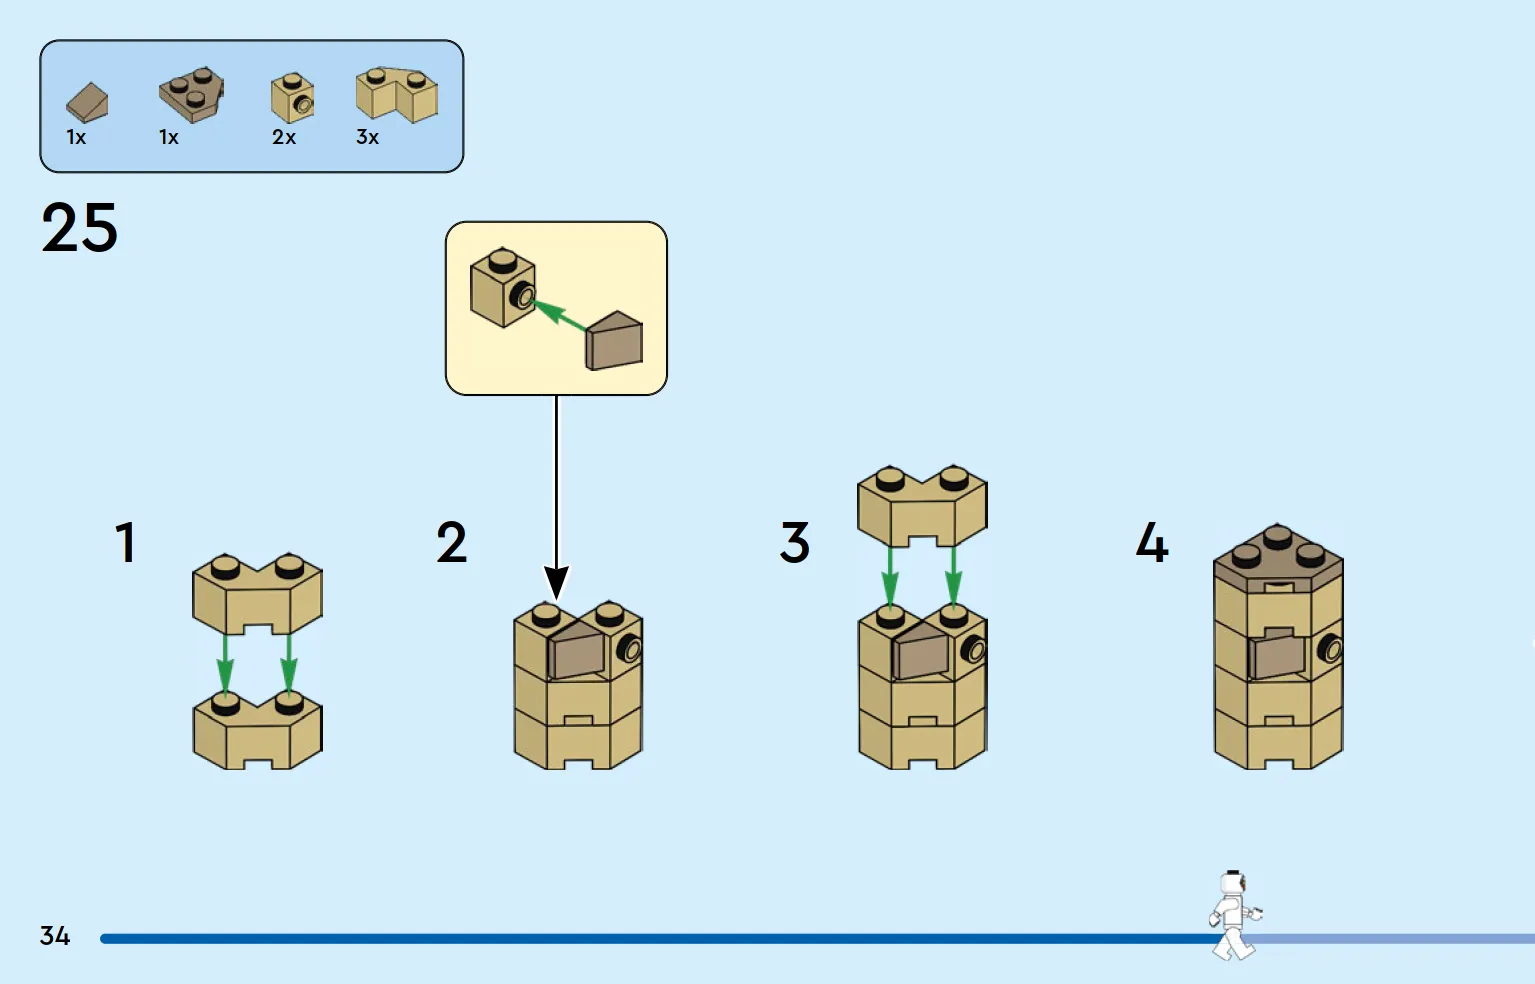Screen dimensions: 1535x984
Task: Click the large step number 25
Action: (79, 227)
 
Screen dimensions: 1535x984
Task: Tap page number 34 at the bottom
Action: (55, 935)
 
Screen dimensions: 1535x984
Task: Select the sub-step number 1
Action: (125, 542)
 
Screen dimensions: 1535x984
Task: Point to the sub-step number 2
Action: (452, 542)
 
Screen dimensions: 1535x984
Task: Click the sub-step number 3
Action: (795, 542)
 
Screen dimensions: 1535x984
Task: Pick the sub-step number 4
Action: (1152, 542)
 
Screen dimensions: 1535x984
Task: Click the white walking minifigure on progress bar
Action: (1235, 915)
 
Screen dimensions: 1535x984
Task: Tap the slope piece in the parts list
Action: (87, 103)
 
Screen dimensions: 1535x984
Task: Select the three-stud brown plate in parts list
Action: (191, 95)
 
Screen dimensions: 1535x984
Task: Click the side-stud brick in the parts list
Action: (293, 98)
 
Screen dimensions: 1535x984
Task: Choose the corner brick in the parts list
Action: (397, 95)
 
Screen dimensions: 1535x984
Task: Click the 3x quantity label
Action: (367, 137)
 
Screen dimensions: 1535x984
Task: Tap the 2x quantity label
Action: (284, 137)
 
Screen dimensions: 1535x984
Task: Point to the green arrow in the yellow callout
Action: (559, 315)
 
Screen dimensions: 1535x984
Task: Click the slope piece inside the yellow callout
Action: (614, 341)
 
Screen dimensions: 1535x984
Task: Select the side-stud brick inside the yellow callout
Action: (503, 288)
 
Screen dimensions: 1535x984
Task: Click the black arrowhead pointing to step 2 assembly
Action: (556, 583)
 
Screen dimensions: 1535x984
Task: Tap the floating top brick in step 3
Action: (922, 506)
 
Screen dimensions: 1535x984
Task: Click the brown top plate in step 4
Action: (1279, 558)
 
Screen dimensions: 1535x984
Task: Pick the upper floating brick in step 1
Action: (257, 594)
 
